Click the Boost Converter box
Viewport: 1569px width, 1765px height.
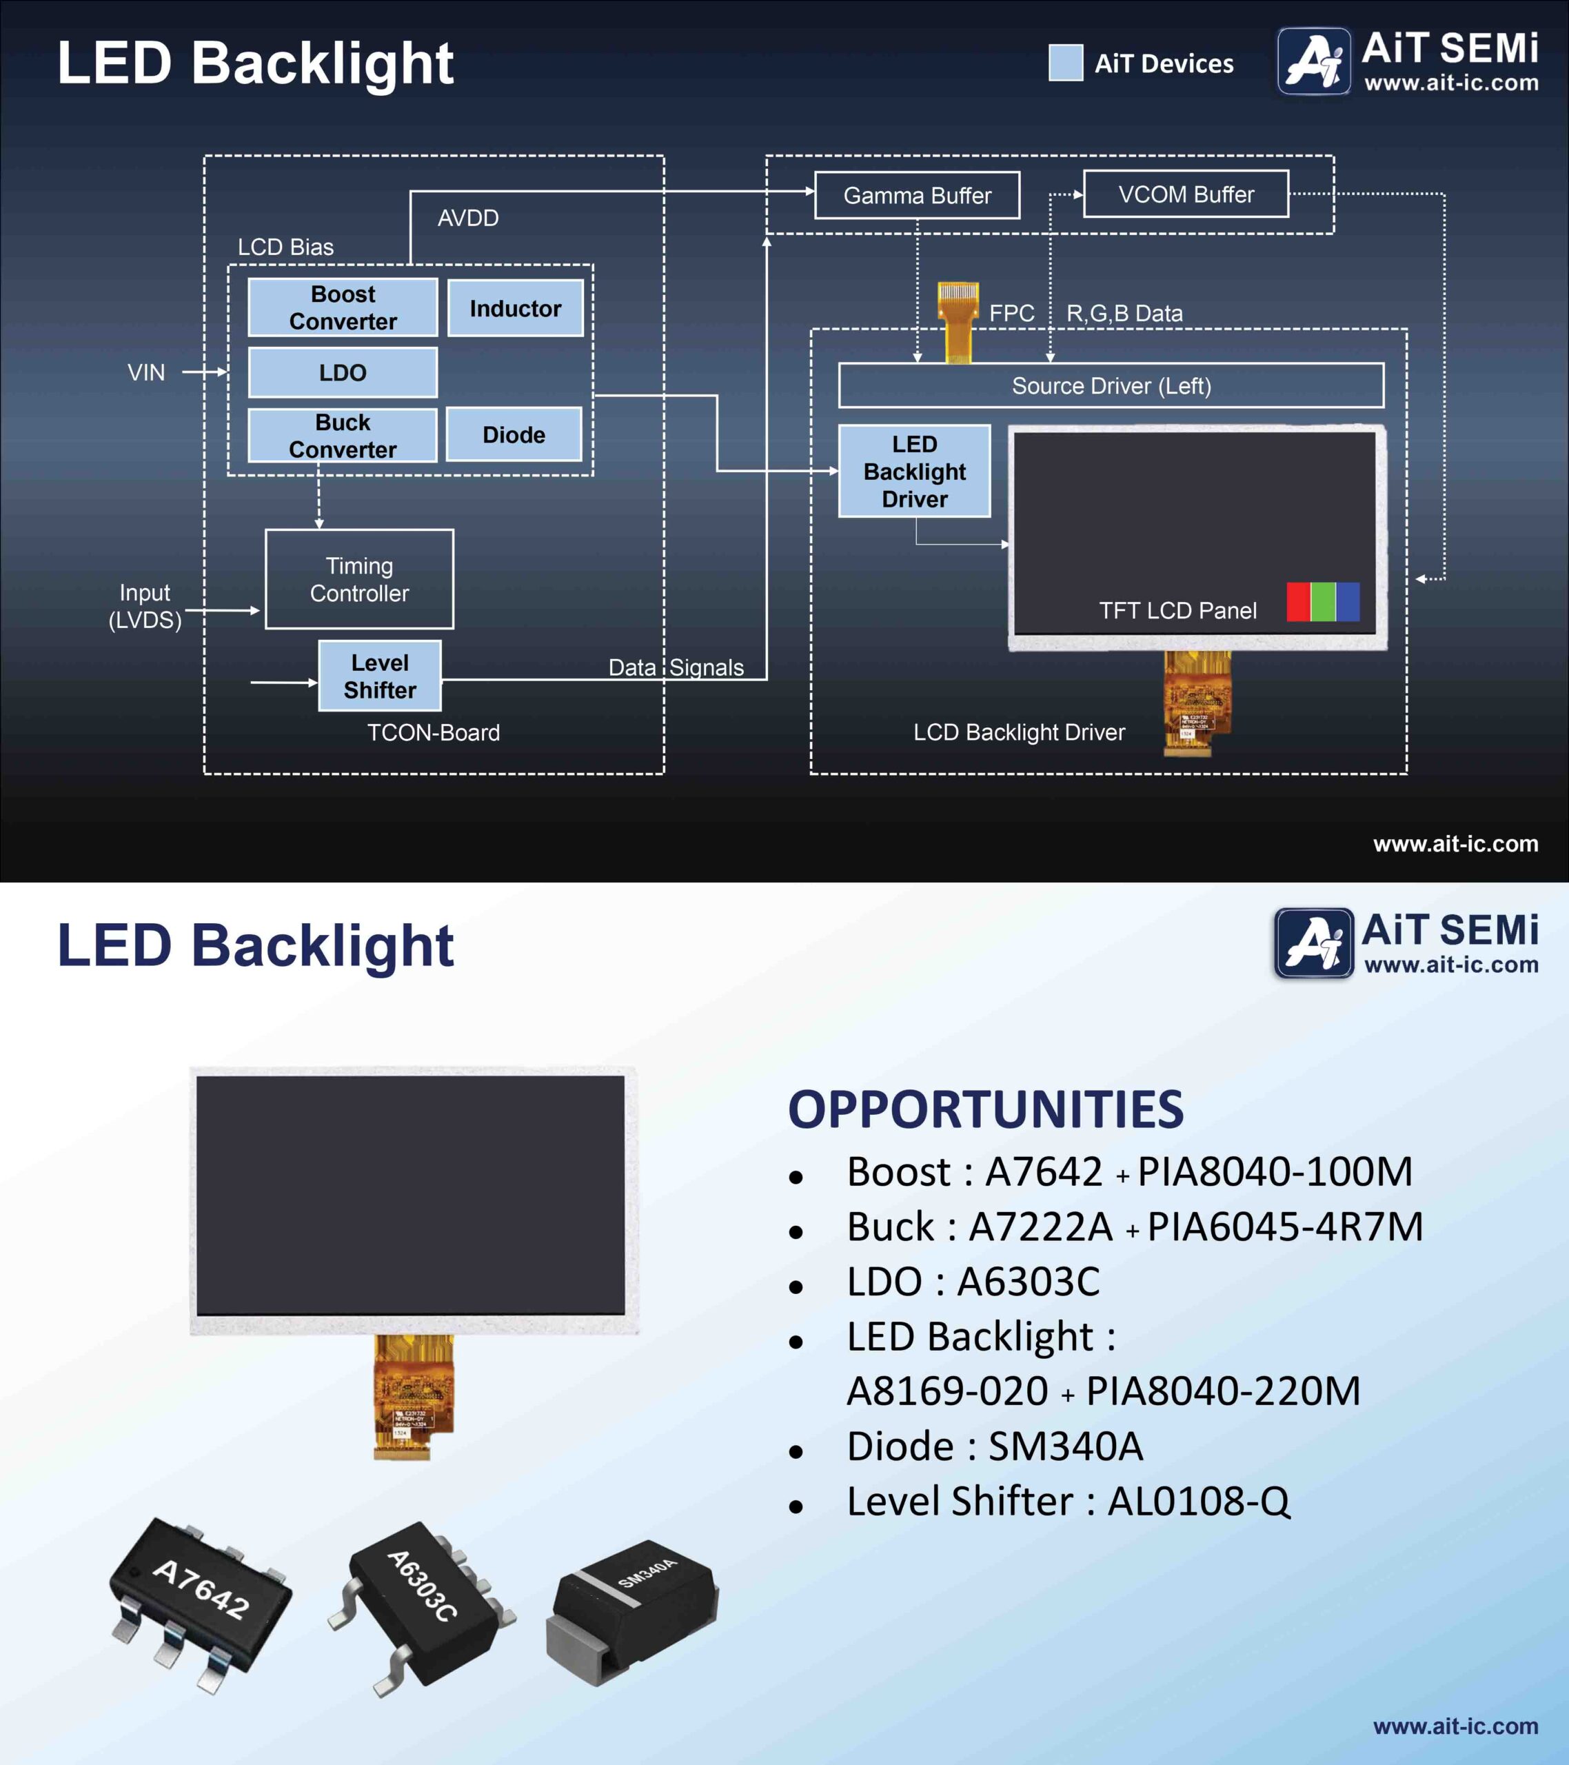[x=343, y=307]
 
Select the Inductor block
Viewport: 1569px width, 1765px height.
[x=515, y=308]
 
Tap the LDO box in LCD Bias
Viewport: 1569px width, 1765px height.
[x=343, y=372]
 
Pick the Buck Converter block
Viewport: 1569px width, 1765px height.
[x=343, y=435]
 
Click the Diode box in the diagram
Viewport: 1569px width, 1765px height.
[x=514, y=434]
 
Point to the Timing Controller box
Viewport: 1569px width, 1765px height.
[x=359, y=579]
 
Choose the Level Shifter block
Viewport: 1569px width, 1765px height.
[x=380, y=676]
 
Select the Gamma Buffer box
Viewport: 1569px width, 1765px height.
[x=917, y=195]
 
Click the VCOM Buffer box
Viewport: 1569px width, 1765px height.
[x=1186, y=194]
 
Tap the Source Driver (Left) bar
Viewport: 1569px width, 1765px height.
[x=1111, y=385]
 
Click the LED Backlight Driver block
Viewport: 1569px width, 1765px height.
[x=915, y=472]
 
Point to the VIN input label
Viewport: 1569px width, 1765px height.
[x=146, y=372]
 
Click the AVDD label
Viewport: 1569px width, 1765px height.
[x=468, y=218]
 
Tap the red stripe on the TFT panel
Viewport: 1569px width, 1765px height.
[x=1299, y=602]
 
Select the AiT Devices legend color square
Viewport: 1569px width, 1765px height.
[x=1066, y=63]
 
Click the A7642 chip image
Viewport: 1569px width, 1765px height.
[x=201, y=1604]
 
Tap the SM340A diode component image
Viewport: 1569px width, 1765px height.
[x=632, y=1611]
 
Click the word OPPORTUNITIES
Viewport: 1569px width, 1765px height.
[x=985, y=1109]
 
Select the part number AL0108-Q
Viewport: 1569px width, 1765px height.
[x=1199, y=1501]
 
